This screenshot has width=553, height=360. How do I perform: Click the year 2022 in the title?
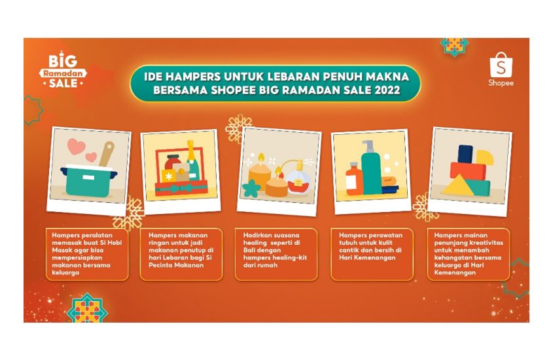pos(387,90)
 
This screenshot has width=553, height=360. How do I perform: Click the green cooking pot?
pos(88,180)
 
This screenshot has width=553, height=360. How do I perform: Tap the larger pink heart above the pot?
pos(76,147)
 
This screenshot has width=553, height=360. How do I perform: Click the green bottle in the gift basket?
pos(192,162)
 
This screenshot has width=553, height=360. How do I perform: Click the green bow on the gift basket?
pos(183,188)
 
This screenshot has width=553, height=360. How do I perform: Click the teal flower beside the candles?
pos(251,189)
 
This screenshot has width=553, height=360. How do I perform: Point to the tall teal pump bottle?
pos(370,168)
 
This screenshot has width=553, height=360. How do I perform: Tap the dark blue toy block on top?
pos(465,154)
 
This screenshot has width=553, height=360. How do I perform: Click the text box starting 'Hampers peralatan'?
pos(87,254)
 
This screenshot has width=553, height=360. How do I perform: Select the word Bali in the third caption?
pos(249,250)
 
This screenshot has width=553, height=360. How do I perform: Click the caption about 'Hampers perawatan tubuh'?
pos(372,254)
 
